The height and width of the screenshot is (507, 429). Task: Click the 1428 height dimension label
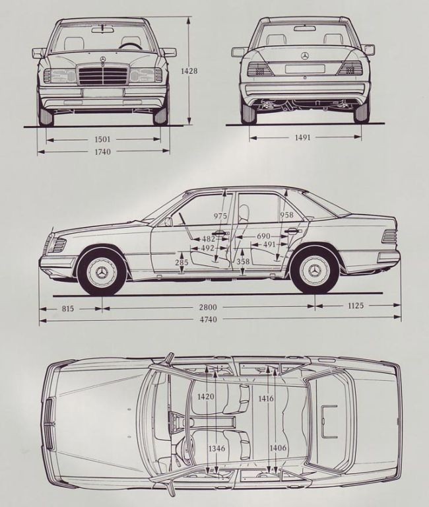[192, 71]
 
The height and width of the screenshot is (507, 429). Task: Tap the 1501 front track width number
[102, 139]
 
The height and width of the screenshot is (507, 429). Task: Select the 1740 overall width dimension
[102, 152]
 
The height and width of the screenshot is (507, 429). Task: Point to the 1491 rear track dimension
[304, 138]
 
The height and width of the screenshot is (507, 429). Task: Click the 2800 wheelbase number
[210, 307]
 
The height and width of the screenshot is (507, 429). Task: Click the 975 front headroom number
[220, 216]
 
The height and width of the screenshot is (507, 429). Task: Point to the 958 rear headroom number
[286, 215]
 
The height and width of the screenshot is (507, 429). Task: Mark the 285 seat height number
[181, 263]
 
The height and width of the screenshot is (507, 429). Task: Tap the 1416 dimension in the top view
[266, 398]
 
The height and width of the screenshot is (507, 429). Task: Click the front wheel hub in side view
[102, 272]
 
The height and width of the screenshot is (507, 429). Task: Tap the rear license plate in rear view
[304, 69]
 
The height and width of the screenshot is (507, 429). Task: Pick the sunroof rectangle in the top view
[329, 421]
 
